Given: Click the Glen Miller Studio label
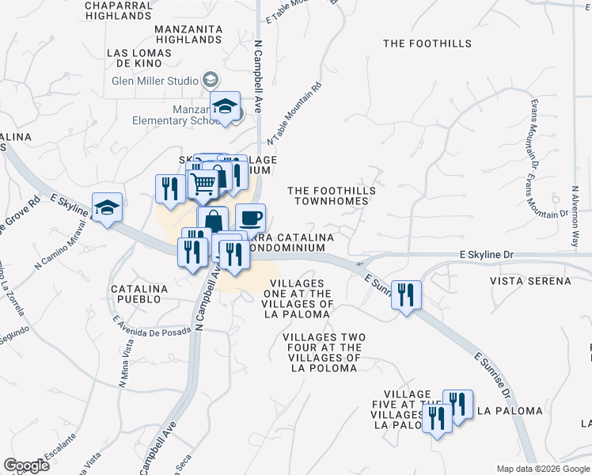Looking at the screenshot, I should tap(154, 80).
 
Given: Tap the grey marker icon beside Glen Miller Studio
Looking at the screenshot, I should tap(211, 79).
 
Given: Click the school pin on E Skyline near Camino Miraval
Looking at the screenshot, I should tap(107, 207).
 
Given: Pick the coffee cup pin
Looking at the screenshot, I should tap(250, 218).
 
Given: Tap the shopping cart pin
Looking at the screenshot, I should tap(203, 185).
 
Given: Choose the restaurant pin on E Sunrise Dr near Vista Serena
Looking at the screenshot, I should tap(407, 295).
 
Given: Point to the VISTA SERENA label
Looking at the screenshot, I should tap(530, 281).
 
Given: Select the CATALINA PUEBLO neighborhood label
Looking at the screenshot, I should tap(139, 294).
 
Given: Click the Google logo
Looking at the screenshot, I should tap(26, 465).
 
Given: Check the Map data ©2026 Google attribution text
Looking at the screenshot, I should tap(542, 469).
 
